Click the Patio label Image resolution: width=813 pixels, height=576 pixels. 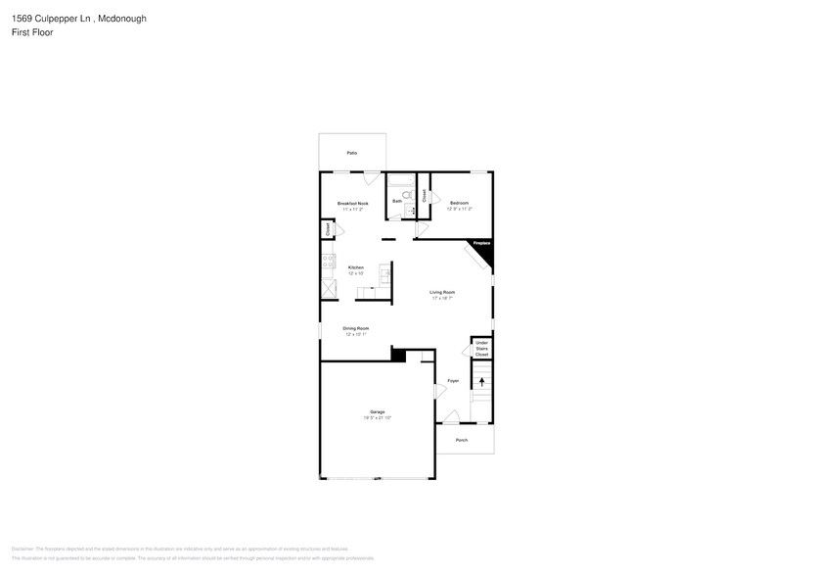pyautogui.click(x=352, y=154)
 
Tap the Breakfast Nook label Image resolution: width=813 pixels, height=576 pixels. pyautogui.click(x=352, y=203)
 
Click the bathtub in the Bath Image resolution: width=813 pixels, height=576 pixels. pyautogui.click(x=400, y=180)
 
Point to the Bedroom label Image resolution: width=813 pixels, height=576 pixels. pyautogui.click(x=460, y=203)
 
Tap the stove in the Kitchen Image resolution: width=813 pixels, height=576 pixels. pyautogui.click(x=328, y=263)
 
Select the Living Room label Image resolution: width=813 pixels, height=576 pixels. pyautogui.click(x=443, y=292)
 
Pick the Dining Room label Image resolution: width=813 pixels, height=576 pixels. pyautogui.click(x=355, y=328)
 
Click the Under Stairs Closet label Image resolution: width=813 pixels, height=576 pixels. pyautogui.click(x=481, y=348)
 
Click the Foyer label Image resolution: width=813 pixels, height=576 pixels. pyautogui.click(x=453, y=380)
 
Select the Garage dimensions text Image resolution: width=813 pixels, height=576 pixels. pyautogui.click(x=378, y=417)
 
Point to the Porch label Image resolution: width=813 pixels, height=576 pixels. pyautogui.click(x=462, y=440)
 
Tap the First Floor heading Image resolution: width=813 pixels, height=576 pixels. pyautogui.click(x=32, y=32)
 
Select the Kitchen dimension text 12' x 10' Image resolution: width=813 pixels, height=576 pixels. pyautogui.click(x=356, y=273)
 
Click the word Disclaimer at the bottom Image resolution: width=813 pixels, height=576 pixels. pyautogui.click(x=23, y=549)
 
